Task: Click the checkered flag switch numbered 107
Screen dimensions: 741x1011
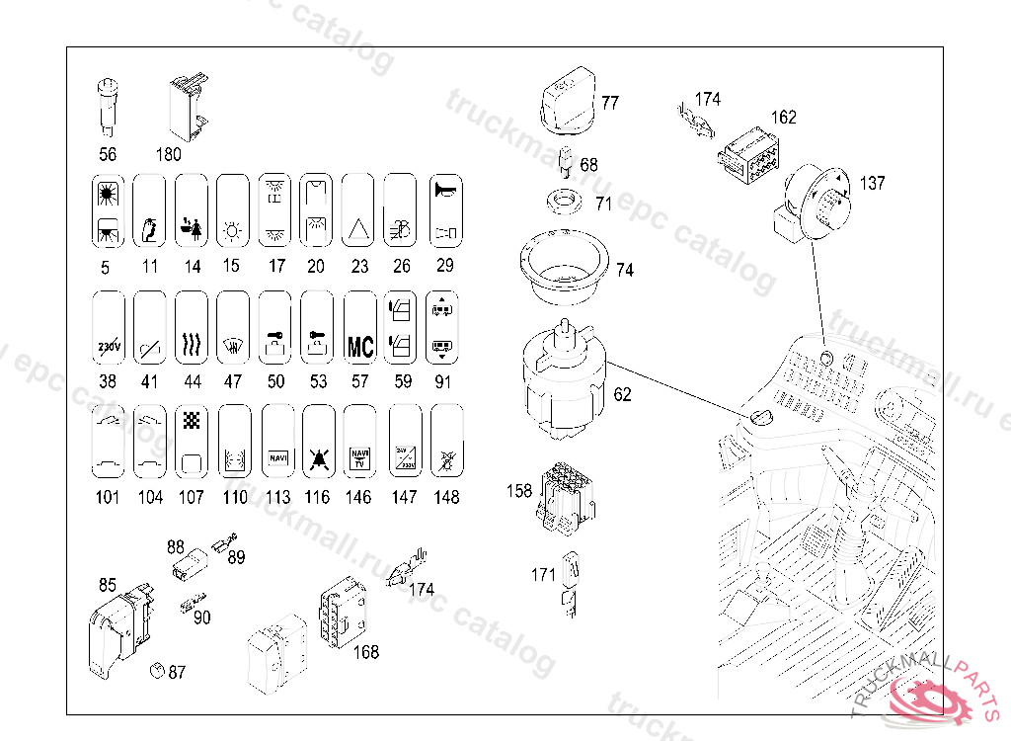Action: [192, 441]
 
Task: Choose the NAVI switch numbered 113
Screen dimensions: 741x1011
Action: [278, 441]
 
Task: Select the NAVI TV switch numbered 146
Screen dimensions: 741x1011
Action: [360, 441]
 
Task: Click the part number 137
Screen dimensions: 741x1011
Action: [872, 183]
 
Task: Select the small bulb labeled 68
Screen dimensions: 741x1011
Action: [566, 162]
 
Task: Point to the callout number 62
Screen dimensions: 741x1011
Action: [622, 395]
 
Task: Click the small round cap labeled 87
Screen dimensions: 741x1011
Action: [155, 670]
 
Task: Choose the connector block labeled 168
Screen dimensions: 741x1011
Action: [340, 611]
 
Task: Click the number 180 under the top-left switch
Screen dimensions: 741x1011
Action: [169, 154]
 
